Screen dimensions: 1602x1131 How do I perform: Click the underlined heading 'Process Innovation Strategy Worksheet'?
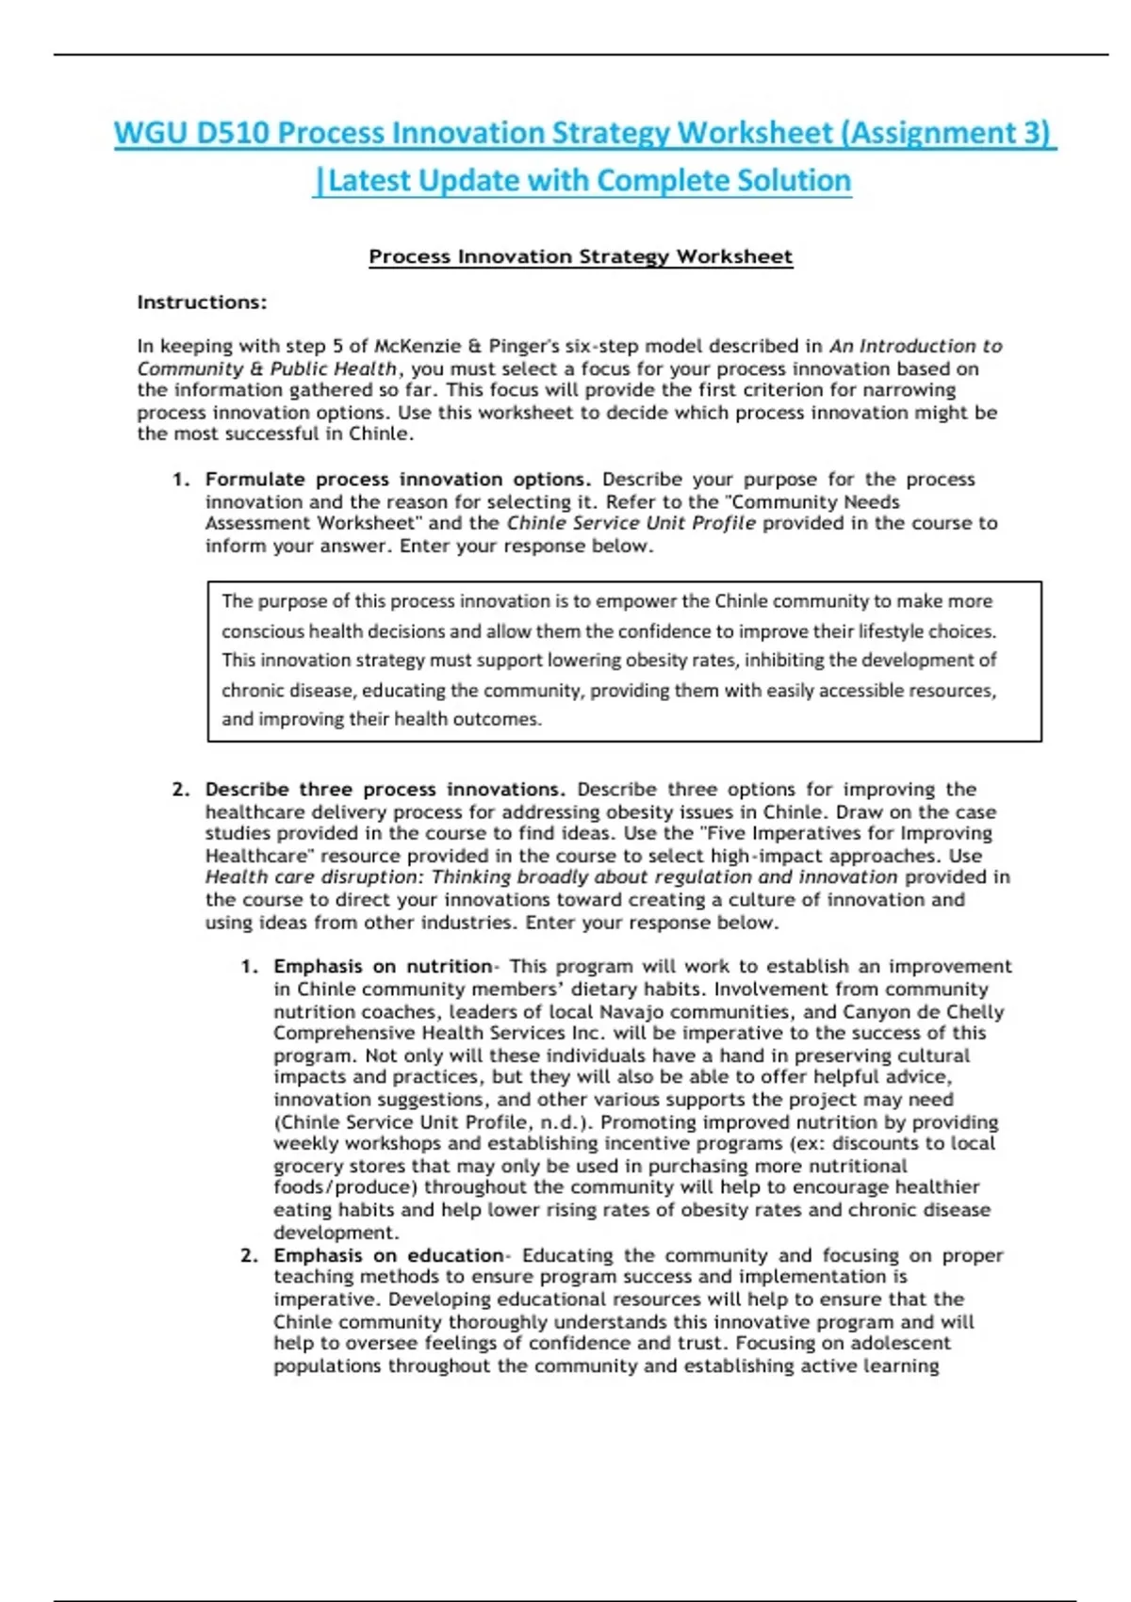[581, 256]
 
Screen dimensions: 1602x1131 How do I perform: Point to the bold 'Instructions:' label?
[202, 302]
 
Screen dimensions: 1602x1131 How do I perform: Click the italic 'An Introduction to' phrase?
[915, 346]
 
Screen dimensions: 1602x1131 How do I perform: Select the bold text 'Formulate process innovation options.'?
[398, 479]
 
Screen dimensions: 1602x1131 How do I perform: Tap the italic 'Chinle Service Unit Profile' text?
[631, 523]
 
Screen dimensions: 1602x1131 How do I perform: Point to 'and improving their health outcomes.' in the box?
[382, 719]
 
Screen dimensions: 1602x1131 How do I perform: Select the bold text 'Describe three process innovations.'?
[385, 789]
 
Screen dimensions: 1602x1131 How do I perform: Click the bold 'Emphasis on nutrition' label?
[383, 966]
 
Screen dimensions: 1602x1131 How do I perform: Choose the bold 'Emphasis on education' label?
[388, 1255]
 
